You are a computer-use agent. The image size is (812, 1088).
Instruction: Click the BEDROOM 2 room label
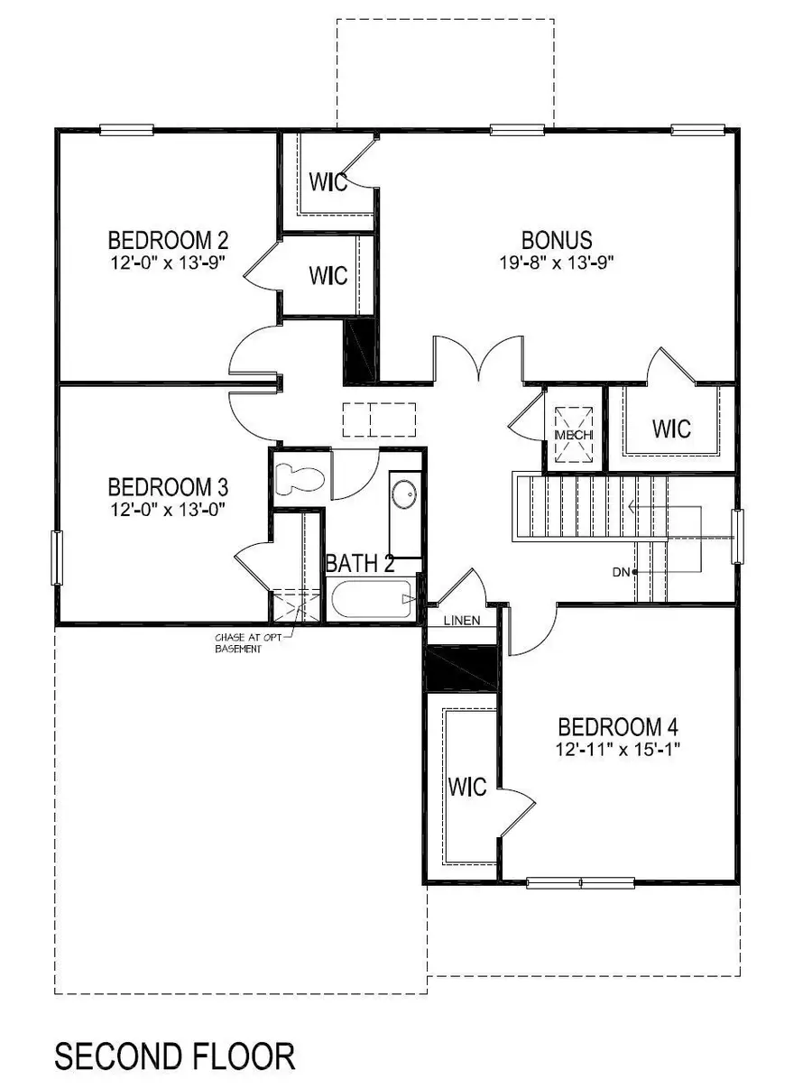coord(168,241)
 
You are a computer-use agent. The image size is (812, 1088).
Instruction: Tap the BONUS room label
coord(557,241)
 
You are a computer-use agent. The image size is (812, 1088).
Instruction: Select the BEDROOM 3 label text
coord(168,488)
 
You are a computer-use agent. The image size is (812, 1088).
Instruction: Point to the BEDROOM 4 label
coord(618,727)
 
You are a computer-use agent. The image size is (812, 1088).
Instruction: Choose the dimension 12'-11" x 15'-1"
coord(618,749)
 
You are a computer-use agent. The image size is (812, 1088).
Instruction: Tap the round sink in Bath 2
coord(405,495)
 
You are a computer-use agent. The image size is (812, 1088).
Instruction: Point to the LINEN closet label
coord(460,621)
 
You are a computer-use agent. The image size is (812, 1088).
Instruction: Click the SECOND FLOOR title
coord(175,1056)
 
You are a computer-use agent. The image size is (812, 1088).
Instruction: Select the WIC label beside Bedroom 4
coord(469,787)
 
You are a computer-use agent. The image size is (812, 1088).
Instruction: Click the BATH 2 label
coord(360,566)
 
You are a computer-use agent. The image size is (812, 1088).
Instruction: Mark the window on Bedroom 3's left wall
coord(58,558)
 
